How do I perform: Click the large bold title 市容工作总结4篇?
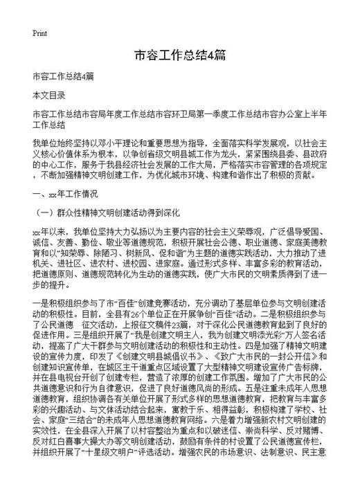tap(179, 55)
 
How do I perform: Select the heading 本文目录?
tap(48, 93)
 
